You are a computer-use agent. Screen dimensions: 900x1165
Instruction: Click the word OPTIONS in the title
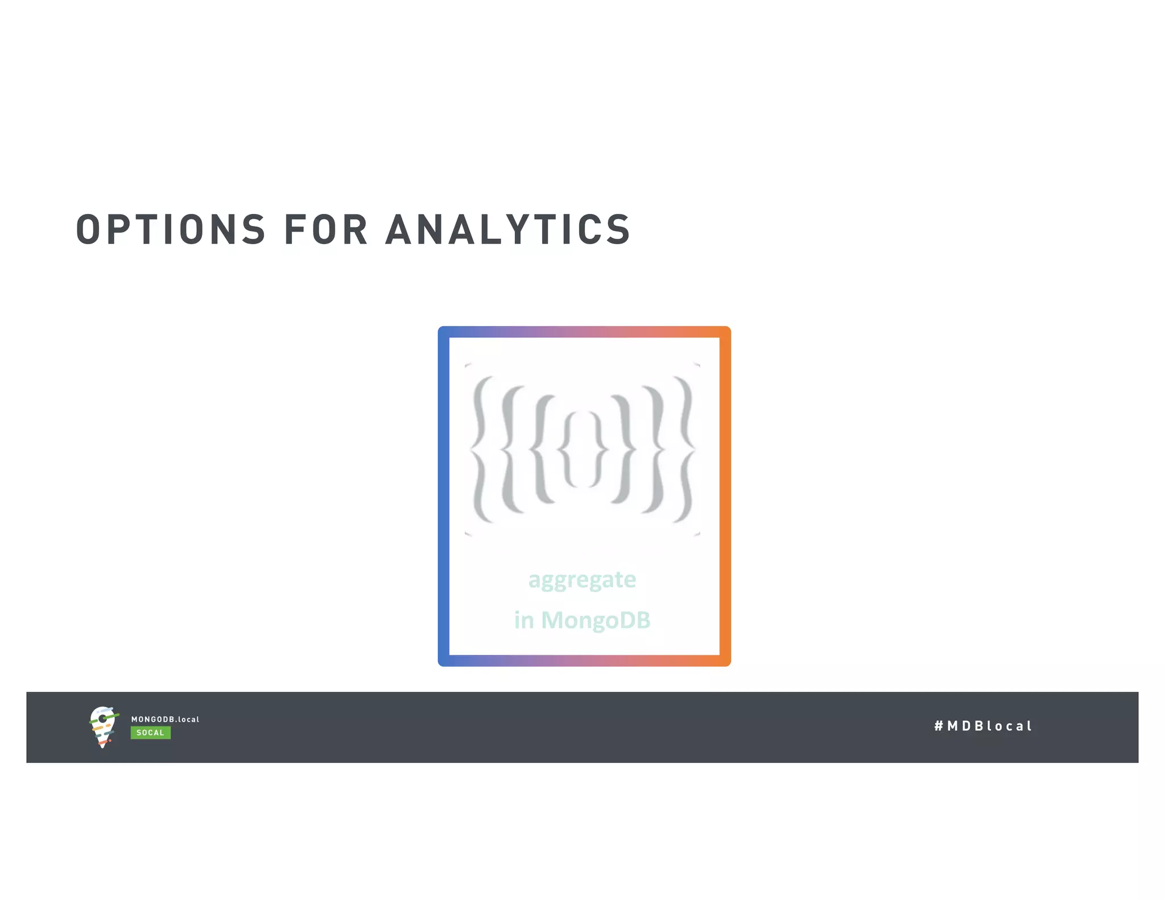pos(171,230)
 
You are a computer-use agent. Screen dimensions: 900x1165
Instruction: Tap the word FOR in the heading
pos(325,230)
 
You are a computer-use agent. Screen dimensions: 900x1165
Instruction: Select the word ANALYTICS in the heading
pos(507,230)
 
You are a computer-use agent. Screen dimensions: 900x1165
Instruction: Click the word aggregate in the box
pos(582,580)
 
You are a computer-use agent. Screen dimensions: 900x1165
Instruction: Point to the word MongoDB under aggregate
pos(596,620)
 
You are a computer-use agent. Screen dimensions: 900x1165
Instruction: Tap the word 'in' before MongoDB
pos(524,620)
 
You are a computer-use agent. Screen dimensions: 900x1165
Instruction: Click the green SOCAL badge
pos(150,733)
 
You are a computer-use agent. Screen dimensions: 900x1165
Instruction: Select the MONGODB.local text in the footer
pos(165,719)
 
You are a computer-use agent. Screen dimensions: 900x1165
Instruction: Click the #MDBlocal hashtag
pos(982,726)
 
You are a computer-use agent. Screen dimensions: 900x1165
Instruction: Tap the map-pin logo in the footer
pos(103,726)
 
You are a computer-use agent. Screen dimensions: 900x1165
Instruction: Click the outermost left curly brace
pos(481,449)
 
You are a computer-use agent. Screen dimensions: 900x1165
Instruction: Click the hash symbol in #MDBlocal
pos(939,726)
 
